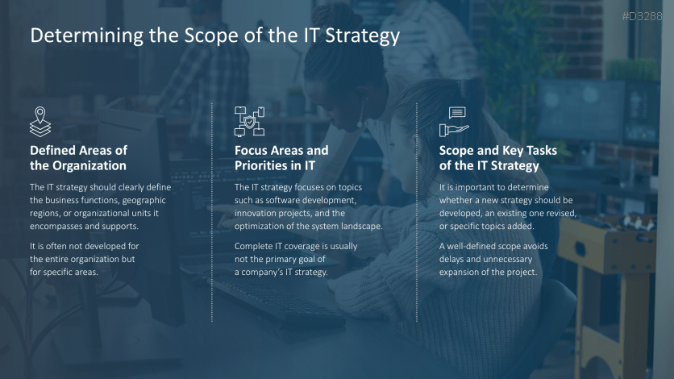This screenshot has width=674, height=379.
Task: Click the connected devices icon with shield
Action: point(249,120)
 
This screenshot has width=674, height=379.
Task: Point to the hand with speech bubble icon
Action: point(454,121)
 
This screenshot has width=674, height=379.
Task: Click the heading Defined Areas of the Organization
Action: point(78,158)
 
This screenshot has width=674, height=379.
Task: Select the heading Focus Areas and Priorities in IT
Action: point(281,158)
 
